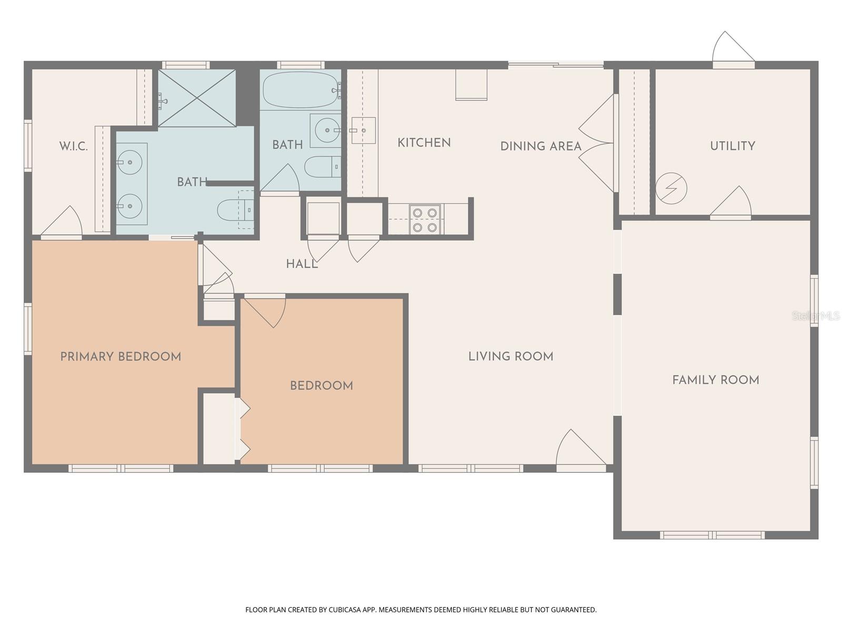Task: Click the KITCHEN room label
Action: (424, 143)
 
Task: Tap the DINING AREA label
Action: (540, 146)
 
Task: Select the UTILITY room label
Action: (732, 146)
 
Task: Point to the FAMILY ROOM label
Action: (715, 380)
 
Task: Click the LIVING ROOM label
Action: (510, 357)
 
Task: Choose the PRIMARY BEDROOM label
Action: (121, 357)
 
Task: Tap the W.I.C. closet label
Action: (73, 146)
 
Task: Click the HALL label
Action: (302, 264)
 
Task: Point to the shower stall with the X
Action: (197, 98)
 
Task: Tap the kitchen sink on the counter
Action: (363, 130)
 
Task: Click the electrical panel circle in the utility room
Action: (671, 188)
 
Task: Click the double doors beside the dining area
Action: (598, 143)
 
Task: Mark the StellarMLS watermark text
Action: (816, 316)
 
